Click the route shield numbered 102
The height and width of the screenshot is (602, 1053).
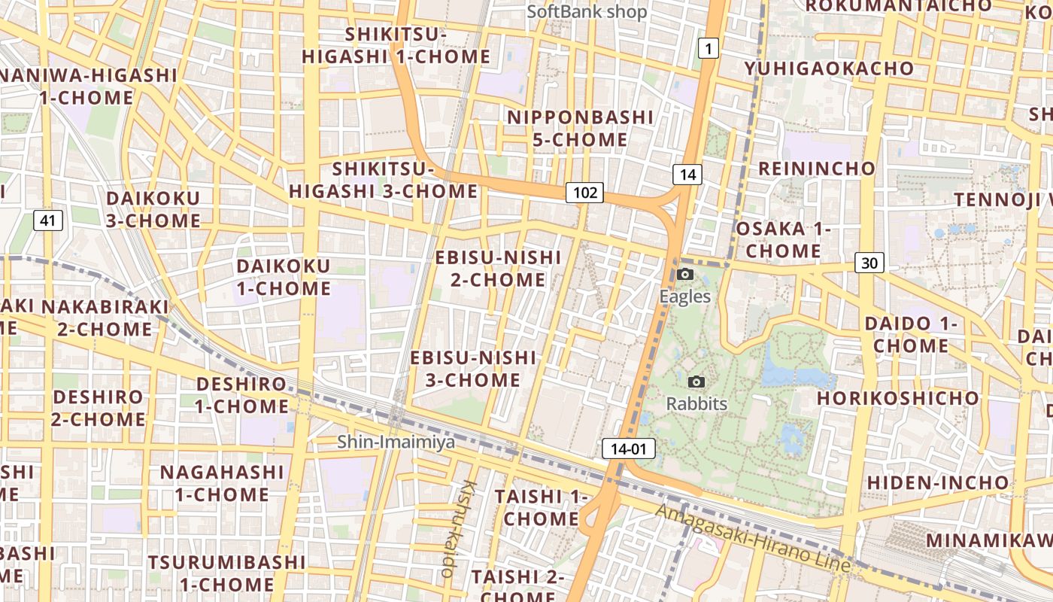[585, 193]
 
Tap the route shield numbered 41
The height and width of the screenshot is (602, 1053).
[48, 220]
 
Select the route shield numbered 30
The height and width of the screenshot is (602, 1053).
[869, 263]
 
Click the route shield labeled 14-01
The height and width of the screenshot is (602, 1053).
[629, 449]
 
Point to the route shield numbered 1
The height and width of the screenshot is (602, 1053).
[708, 50]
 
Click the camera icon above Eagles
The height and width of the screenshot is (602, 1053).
[684, 275]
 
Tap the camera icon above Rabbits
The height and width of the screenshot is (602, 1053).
[696, 382]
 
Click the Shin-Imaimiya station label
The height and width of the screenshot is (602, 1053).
[396, 442]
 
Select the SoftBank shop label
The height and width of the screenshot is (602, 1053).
[587, 12]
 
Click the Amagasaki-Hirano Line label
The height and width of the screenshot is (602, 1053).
[752, 539]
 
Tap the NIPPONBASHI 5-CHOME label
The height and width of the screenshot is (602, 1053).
[580, 128]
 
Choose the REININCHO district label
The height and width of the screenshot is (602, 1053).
[817, 168]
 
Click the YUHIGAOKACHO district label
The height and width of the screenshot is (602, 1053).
[829, 68]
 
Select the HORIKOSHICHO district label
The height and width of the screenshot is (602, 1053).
[898, 397]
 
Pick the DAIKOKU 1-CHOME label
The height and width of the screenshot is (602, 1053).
[284, 277]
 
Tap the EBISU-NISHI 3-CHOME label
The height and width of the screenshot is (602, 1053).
[473, 369]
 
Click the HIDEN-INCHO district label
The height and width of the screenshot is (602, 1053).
[938, 482]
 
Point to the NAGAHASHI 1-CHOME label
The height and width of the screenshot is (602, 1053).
[222, 483]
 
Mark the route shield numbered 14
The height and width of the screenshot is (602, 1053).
[687, 175]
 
